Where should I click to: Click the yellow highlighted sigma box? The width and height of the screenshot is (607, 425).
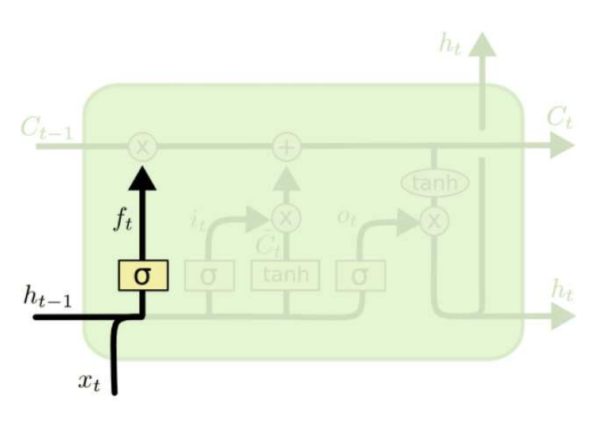pyautogui.click(x=143, y=275)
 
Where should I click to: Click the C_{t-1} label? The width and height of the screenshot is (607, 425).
pyautogui.click(x=46, y=129)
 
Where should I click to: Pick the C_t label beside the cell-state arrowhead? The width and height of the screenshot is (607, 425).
pyautogui.click(x=560, y=119)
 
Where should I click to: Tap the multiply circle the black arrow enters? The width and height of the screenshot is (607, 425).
pyautogui.click(x=143, y=146)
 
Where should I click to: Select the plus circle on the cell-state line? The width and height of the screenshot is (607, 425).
pyautogui.click(x=286, y=146)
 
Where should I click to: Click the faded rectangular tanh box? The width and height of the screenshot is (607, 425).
pyautogui.click(x=285, y=275)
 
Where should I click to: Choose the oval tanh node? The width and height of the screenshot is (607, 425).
pyautogui.click(x=435, y=184)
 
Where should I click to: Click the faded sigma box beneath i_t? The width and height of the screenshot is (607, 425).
pyautogui.click(x=209, y=276)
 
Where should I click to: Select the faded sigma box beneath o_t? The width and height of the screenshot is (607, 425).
pyautogui.click(x=360, y=276)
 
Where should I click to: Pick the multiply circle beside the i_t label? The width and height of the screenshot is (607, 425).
pyautogui.click(x=286, y=219)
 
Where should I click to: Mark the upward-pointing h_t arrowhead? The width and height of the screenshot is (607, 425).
pyautogui.click(x=481, y=45)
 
